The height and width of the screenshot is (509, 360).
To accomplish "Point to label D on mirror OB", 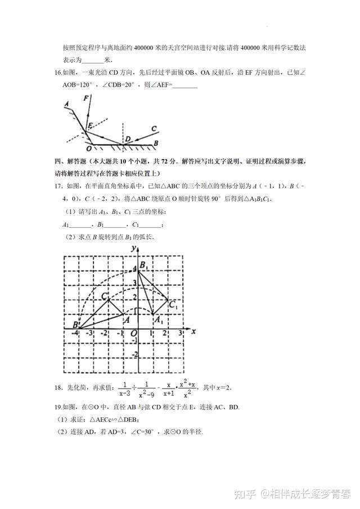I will pyautogui.click(x=128, y=139).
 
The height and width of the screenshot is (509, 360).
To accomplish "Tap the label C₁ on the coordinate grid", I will pyautogui.click(x=173, y=306).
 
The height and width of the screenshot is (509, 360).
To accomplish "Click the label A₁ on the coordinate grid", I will pyautogui.click(x=159, y=321).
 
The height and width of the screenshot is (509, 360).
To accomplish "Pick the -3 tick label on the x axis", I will pyautogui.click(x=92, y=334).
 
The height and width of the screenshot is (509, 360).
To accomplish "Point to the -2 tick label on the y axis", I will pyautogui.click(x=134, y=353).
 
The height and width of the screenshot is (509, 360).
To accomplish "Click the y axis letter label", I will pyautogui.click(x=134, y=247).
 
